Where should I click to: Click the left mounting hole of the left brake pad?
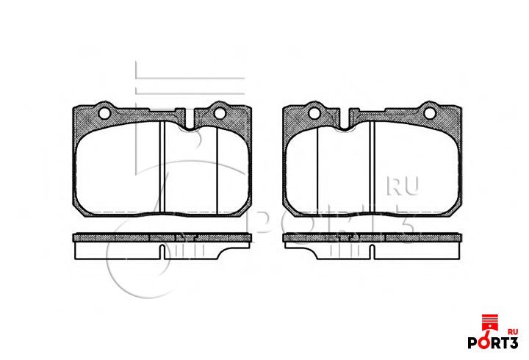(x=104, y=113)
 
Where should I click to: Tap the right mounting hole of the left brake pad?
(x=220, y=113)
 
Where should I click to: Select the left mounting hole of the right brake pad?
(x=314, y=113)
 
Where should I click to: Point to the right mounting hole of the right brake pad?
(x=430, y=113)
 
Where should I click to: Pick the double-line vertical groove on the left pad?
(x=162, y=167)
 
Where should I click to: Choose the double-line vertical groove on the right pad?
(x=372, y=167)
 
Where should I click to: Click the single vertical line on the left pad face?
(x=217, y=170)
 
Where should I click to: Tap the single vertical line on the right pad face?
(x=317, y=170)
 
